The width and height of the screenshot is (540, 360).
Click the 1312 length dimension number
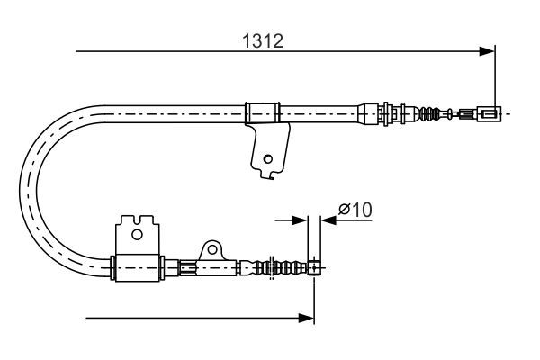coord(263,41)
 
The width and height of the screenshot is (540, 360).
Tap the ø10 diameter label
coord(355,209)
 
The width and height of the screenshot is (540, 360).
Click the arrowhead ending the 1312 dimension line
coord(487,51)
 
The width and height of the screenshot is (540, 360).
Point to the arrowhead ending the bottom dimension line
coord(307,318)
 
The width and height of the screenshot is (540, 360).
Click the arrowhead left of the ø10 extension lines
coord(299,220)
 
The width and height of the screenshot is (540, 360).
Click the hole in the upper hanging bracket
coord(267,159)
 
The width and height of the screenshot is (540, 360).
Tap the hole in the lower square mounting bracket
coord(137,235)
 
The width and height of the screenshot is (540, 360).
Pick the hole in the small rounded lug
coord(212,249)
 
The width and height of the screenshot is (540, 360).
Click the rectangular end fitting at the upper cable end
coord(489,113)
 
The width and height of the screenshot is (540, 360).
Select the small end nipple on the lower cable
coord(314,267)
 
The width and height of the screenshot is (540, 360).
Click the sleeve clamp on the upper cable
coord(262,113)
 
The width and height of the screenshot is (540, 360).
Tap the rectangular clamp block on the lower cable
coord(137,268)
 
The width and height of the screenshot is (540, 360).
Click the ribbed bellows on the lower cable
coord(284,267)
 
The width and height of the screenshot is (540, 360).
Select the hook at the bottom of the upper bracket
coord(268,176)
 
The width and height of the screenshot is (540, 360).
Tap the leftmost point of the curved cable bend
coord(20,192)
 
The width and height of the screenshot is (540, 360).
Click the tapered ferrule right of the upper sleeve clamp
coord(368,113)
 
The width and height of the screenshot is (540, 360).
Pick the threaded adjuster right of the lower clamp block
coord(188,267)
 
